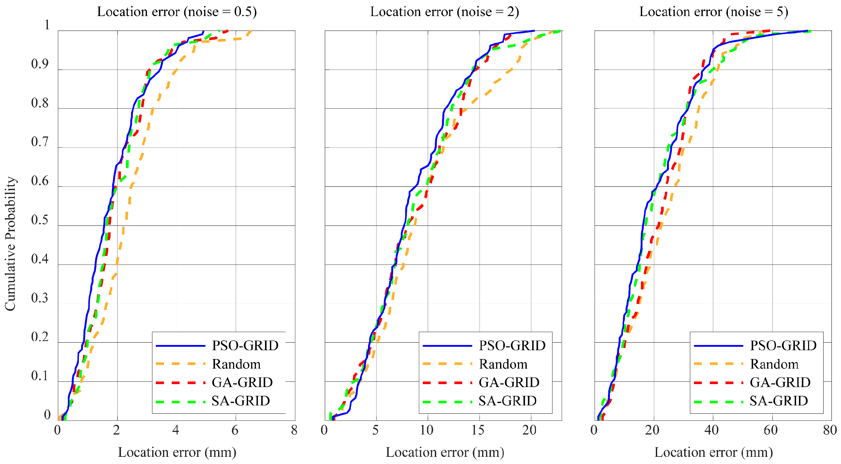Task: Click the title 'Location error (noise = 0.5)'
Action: (x=177, y=12)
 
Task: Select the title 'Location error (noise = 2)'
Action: (x=444, y=12)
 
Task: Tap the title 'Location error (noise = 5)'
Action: (x=714, y=12)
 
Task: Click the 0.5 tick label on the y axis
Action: (x=39, y=220)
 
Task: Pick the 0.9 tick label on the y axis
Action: (x=39, y=64)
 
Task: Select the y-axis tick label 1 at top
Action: (x=47, y=25)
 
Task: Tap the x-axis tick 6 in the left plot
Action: (x=235, y=430)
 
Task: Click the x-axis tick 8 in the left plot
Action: (x=294, y=430)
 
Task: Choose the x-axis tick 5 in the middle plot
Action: (x=376, y=430)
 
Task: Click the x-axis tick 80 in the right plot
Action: (x=830, y=430)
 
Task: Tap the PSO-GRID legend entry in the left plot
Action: (x=245, y=345)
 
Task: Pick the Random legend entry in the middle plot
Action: (x=503, y=364)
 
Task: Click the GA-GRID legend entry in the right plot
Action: (x=780, y=382)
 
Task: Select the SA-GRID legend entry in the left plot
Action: (x=241, y=401)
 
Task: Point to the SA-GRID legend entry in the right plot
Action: (x=779, y=401)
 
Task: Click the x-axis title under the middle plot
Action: (x=445, y=452)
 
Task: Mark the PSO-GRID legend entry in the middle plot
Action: (x=512, y=345)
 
